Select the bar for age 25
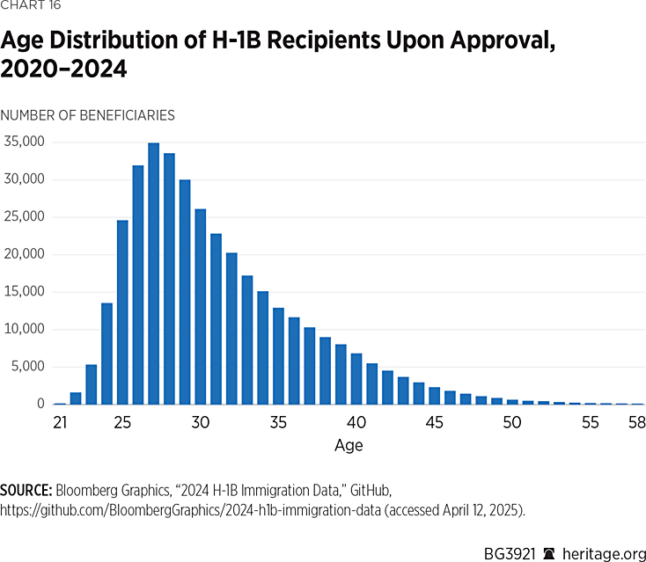pos(122,312)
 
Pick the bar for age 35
pos(278,356)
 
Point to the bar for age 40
pos(356,379)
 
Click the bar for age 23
pos(91,384)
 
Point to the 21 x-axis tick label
pos(61,423)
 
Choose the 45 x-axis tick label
pos(434,423)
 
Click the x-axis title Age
pos(349,445)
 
